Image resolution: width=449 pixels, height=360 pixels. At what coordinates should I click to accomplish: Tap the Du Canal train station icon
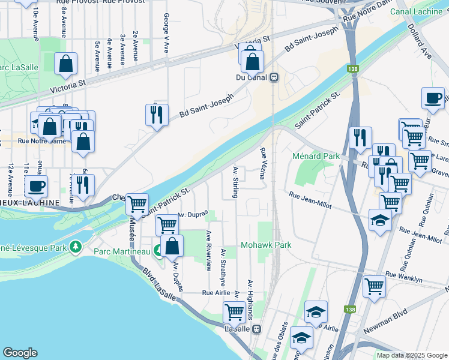pyautogui.click(x=274, y=77)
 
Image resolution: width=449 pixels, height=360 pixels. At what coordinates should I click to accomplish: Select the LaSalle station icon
pyautogui.click(x=257, y=329)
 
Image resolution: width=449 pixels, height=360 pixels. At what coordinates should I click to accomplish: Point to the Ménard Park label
pyautogui.click(x=316, y=156)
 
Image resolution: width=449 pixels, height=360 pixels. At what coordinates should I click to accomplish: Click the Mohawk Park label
pyautogui.click(x=266, y=245)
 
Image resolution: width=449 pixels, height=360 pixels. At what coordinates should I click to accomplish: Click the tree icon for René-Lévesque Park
pyautogui.click(x=75, y=246)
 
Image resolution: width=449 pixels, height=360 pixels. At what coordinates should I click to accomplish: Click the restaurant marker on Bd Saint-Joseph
pyautogui.click(x=156, y=114)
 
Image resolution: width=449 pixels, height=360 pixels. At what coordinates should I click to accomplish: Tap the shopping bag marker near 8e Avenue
pyautogui.click(x=65, y=64)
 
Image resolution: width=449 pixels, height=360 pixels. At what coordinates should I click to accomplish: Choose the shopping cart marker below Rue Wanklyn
pyautogui.click(x=375, y=286)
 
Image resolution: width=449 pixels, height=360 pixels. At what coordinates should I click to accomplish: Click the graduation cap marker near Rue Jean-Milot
pyautogui.click(x=380, y=220)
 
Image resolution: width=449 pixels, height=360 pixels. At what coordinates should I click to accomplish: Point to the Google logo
pyautogui.click(x=20, y=353)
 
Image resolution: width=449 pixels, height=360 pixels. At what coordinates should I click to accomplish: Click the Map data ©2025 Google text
pyautogui.click(x=411, y=355)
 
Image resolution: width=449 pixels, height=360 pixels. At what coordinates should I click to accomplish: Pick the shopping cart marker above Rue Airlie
pyautogui.click(x=234, y=311)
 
